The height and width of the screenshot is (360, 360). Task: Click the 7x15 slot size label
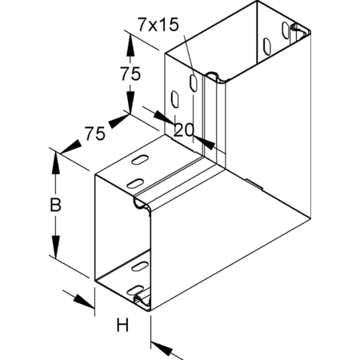tap(158, 25)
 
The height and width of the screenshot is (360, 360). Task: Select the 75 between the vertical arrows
tap(130, 74)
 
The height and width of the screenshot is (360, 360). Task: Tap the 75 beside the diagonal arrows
tap(95, 134)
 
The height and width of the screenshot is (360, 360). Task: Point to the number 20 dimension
tap(183, 130)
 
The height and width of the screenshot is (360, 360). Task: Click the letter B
tap(55, 205)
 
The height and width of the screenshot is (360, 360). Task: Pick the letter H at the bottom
tap(122, 325)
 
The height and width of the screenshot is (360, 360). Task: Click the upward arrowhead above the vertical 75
tap(130, 46)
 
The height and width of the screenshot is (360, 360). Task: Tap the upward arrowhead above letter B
tap(55, 163)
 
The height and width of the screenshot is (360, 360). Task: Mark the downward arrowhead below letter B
tap(55, 246)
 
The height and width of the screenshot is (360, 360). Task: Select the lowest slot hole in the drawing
tap(135, 290)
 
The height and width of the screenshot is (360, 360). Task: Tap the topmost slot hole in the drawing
tap(286, 30)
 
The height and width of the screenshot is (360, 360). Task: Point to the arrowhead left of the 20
tap(164, 117)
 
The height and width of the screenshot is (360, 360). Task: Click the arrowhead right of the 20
tap(204, 142)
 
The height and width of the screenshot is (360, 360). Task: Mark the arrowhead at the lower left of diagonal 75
tap(71, 146)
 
